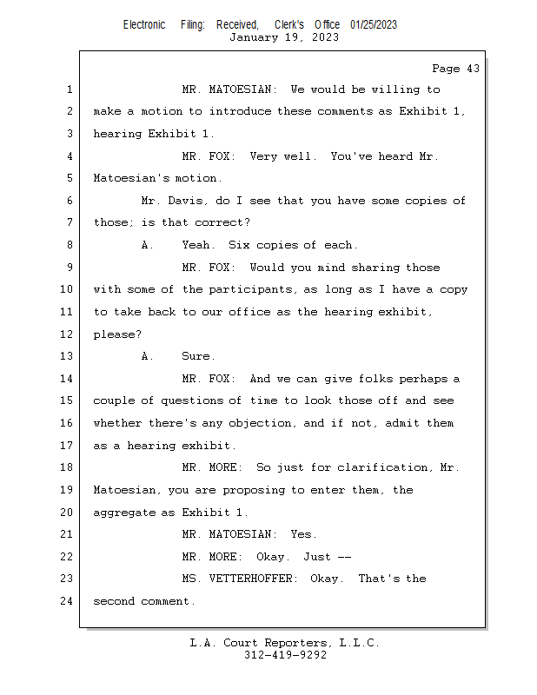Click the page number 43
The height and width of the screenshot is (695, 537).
pyautogui.click(x=473, y=69)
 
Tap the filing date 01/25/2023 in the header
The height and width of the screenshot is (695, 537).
pyautogui.click(x=374, y=25)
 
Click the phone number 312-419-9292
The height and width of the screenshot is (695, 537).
pyautogui.click(x=285, y=655)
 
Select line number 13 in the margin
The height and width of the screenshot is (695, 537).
pyautogui.click(x=66, y=356)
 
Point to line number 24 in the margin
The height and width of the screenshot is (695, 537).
pyautogui.click(x=66, y=601)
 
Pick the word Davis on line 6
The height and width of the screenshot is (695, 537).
pyautogui.click(x=185, y=201)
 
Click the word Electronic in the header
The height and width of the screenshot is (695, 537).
pyautogui.click(x=144, y=25)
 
